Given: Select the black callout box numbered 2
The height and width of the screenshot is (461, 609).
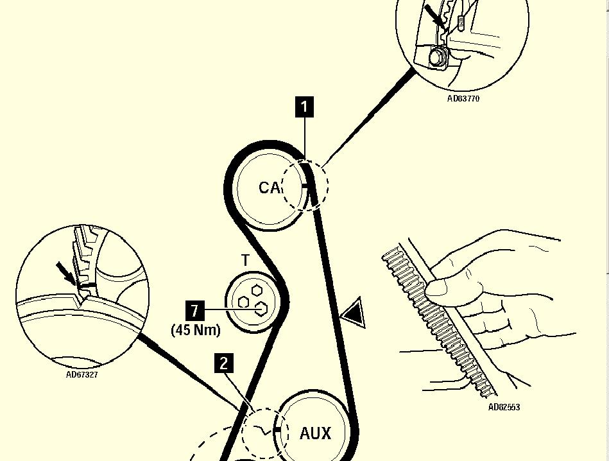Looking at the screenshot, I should coord(223,363).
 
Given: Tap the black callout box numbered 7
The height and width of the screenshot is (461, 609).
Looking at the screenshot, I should coord(194,311).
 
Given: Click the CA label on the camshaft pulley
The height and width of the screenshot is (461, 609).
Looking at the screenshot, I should coord(270,187).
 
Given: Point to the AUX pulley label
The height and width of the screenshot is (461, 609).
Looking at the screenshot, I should coord(315,433).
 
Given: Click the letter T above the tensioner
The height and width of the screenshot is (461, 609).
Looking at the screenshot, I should coord(245,260).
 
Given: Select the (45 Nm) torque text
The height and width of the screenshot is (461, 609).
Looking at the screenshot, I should coord(196,329).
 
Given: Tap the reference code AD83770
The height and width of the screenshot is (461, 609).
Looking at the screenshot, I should coord(463,99).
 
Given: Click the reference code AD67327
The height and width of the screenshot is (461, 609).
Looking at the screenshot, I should coord(82,375).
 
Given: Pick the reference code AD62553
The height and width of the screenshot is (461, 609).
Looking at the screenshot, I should coord(504,407).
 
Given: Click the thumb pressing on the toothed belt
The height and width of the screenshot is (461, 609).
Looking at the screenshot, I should coord(443,286).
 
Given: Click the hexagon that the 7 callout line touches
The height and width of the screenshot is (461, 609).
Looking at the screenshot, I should coord(260,309).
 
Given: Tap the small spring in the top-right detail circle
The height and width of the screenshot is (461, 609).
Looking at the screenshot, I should coord(461,23).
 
